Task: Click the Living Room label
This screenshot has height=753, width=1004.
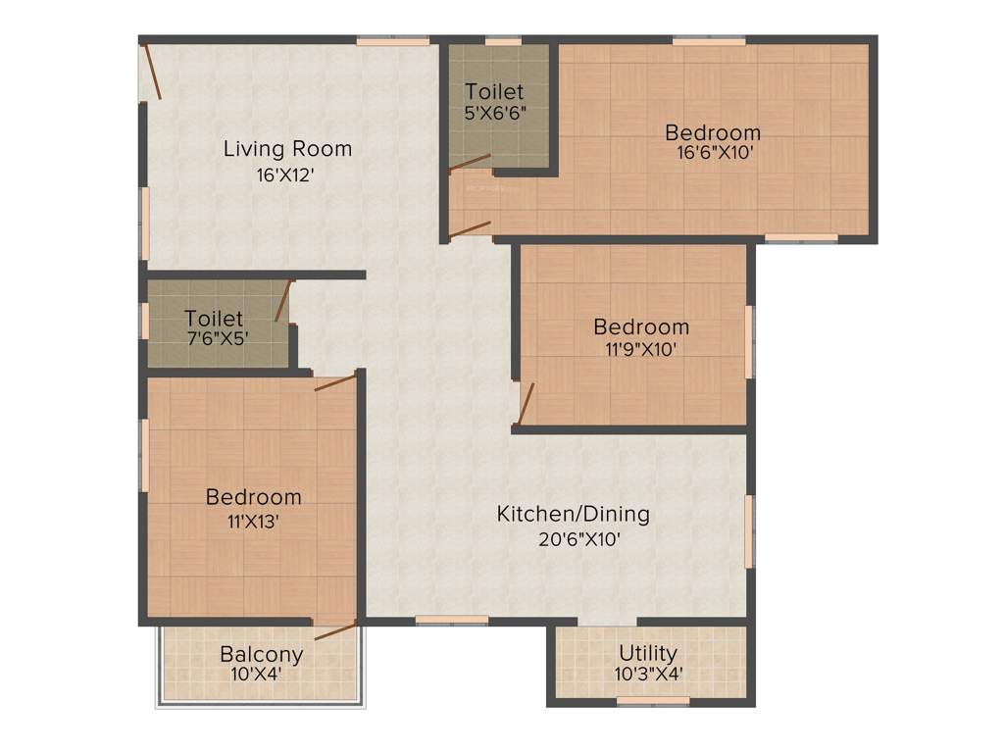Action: [287, 149]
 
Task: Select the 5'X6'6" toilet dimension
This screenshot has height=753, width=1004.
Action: [495, 112]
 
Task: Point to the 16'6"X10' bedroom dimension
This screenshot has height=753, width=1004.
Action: [713, 153]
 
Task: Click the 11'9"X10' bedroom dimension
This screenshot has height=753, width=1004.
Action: [641, 348]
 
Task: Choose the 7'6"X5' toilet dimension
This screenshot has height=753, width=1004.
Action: [216, 339]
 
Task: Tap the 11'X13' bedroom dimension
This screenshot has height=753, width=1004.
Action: [253, 522]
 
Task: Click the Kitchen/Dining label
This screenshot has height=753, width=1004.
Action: [573, 514]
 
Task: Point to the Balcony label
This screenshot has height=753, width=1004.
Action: [261, 654]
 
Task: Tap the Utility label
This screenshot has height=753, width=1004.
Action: [648, 653]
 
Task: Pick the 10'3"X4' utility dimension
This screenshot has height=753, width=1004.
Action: [650, 674]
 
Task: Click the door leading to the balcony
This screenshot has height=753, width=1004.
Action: [335, 629]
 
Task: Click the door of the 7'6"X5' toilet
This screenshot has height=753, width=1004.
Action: [283, 301]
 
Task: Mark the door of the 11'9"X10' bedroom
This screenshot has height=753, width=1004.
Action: [526, 402]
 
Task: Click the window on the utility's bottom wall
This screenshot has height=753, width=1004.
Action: [652, 701]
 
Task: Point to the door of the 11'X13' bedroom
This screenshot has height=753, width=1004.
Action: [335, 381]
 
